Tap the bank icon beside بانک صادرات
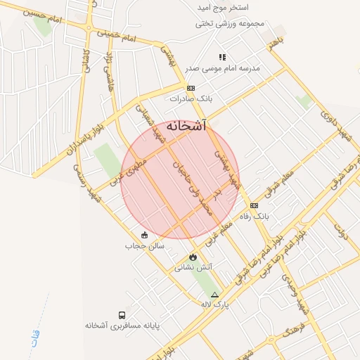[x=191, y=88]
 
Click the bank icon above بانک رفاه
[x=254, y=205]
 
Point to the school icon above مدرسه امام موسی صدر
[x=222, y=57]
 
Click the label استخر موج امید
[x=229, y=8]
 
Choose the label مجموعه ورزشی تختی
[x=231, y=23]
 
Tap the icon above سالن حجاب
[x=145, y=235]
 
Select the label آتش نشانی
[x=193, y=268]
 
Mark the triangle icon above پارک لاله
[x=214, y=294]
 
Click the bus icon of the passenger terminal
[x=123, y=316]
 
